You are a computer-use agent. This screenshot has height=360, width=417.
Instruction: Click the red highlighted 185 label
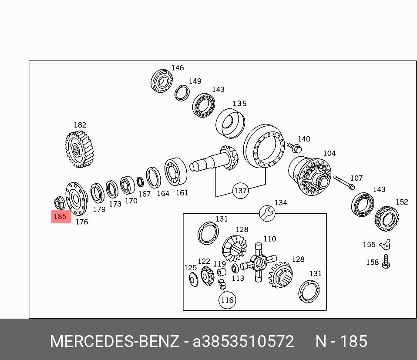[x=61, y=216]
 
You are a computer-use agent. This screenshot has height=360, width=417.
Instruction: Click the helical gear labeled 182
[x=80, y=149]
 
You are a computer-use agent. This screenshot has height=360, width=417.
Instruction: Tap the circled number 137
[x=240, y=191]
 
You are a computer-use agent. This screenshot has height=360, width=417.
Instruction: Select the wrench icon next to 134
[x=266, y=212]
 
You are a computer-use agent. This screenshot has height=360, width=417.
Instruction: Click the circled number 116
[x=227, y=300]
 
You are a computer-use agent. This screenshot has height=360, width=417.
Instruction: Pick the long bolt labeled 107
[x=344, y=183]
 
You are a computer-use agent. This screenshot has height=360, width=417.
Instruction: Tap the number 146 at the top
[x=178, y=68]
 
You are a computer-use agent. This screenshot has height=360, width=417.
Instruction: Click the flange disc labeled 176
[x=76, y=199]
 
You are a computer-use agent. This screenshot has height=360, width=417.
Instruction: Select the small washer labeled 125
[x=192, y=279]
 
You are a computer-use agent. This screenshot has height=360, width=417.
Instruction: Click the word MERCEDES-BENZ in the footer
[x=114, y=342]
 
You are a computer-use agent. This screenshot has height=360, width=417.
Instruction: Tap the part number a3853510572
[x=243, y=342]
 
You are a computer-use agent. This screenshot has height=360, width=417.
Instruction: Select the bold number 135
[x=239, y=104]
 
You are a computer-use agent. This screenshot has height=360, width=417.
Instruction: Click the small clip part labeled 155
[x=384, y=245]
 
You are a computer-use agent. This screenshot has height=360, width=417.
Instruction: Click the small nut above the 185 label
[x=59, y=202]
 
